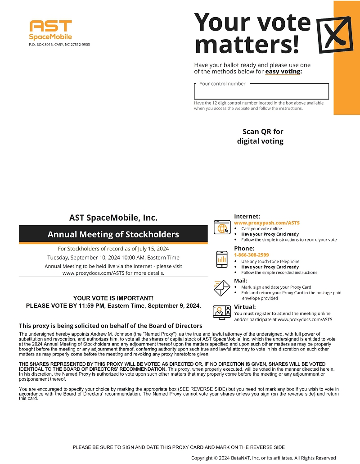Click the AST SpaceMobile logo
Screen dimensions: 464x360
click(x=50, y=30)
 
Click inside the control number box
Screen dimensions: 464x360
click(x=261, y=92)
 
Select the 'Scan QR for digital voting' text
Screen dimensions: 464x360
click(x=261, y=136)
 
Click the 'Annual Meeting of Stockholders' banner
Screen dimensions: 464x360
click(x=113, y=234)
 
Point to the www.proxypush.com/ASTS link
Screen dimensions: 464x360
click(x=267, y=223)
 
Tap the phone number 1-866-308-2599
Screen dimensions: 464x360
click(x=252, y=255)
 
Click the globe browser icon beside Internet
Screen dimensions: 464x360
click(x=221, y=227)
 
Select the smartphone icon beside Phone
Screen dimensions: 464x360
click(x=221, y=259)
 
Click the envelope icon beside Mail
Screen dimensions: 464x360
click(x=221, y=287)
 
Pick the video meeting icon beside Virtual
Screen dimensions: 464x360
click(x=221, y=312)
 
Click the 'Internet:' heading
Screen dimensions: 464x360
click(x=247, y=217)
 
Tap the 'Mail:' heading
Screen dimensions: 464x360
click(x=240, y=281)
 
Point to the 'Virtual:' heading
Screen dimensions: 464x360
click(x=245, y=307)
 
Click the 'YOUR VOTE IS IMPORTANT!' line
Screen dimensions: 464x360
click(x=113, y=298)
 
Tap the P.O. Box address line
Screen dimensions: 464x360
click(x=59, y=45)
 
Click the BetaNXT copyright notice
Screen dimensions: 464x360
click(x=264, y=458)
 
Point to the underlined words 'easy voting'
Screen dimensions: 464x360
click(x=283, y=72)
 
